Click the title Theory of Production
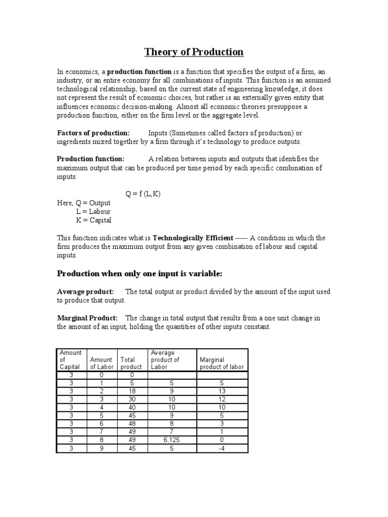pyautogui.click(x=194, y=52)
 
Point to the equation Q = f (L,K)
pyautogui.click(x=143, y=194)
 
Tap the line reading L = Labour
pyautogui.click(x=93, y=212)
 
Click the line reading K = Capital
pyautogui.click(x=93, y=220)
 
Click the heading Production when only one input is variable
pyautogui.click(x=139, y=274)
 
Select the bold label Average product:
pyautogui.click(x=85, y=292)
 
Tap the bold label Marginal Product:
pyautogui.click(x=87, y=318)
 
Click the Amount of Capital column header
pyautogui.click(x=71, y=359)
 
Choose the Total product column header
pyautogui.click(x=131, y=363)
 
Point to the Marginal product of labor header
pyautogui.click(x=222, y=363)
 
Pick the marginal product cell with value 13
pyautogui.click(x=222, y=391)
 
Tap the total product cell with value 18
pyautogui.click(x=131, y=391)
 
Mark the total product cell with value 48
pyautogui.click(x=131, y=423)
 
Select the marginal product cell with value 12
pyautogui.click(x=222, y=399)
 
